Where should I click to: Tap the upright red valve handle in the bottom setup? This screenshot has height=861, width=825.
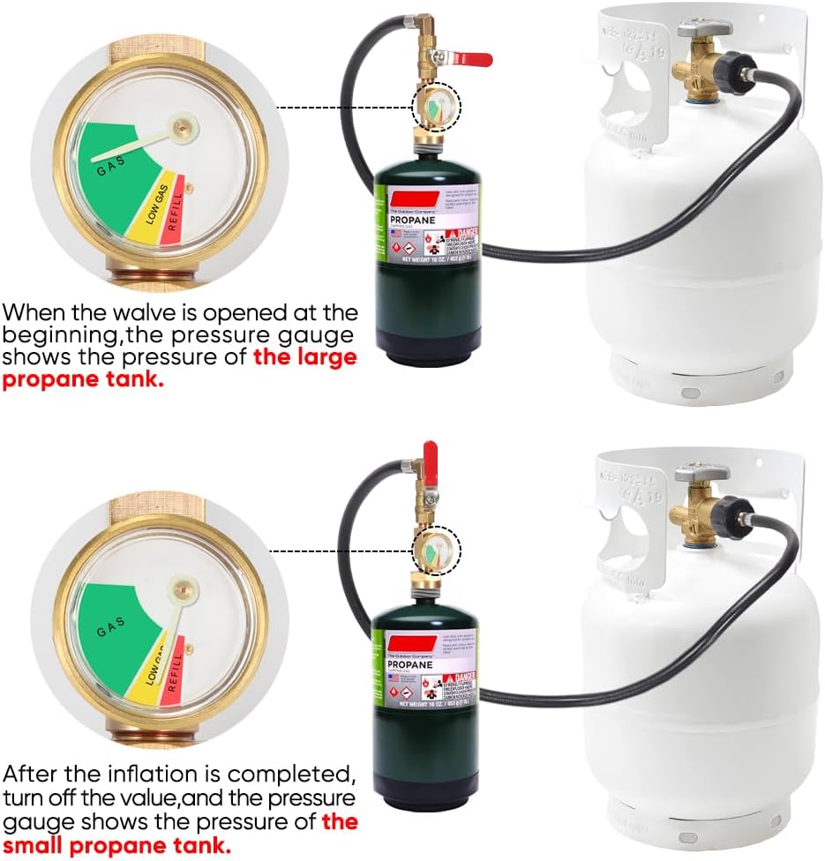pyautogui.click(x=432, y=464)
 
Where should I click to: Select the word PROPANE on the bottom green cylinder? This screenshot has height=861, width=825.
pyautogui.click(x=409, y=665)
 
